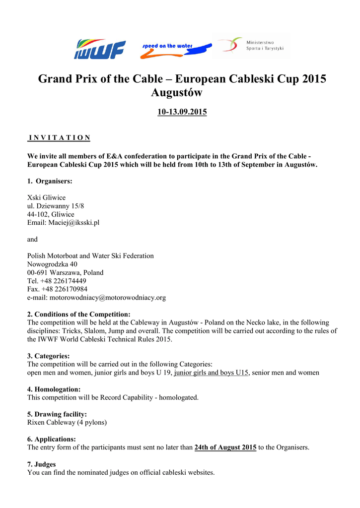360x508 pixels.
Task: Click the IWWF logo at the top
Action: point(99,49)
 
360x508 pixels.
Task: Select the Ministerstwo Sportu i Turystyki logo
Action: point(252,46)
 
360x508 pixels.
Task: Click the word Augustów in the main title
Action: point(176,93)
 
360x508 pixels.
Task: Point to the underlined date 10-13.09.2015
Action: point(182,112)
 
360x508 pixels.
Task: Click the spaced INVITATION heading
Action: point(59,137)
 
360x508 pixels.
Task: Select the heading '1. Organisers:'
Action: point(50,181)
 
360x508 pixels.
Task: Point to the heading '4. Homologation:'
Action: point(54,389)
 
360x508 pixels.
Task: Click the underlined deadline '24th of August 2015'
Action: point(225,447)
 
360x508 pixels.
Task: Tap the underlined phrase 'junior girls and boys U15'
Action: point(211,373)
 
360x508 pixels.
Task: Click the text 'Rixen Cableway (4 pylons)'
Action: point(67,423)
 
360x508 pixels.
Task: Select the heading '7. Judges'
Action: point(41,464)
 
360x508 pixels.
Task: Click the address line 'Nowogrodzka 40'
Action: point(52,264)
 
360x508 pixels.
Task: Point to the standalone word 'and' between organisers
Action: point(32,239)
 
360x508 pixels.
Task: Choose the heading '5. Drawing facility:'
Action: point(57,414)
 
